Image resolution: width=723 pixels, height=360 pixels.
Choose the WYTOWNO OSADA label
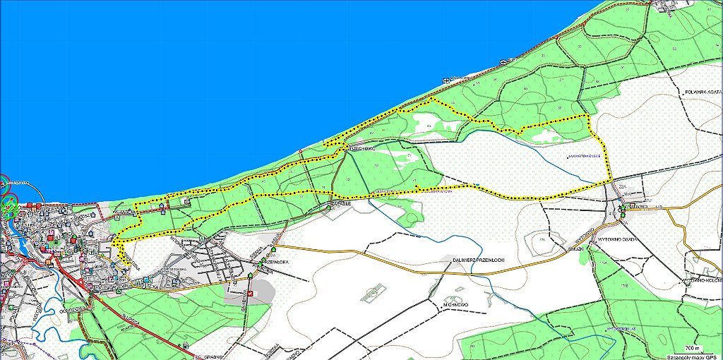619,239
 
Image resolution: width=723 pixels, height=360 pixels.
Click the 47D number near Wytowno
612,212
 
